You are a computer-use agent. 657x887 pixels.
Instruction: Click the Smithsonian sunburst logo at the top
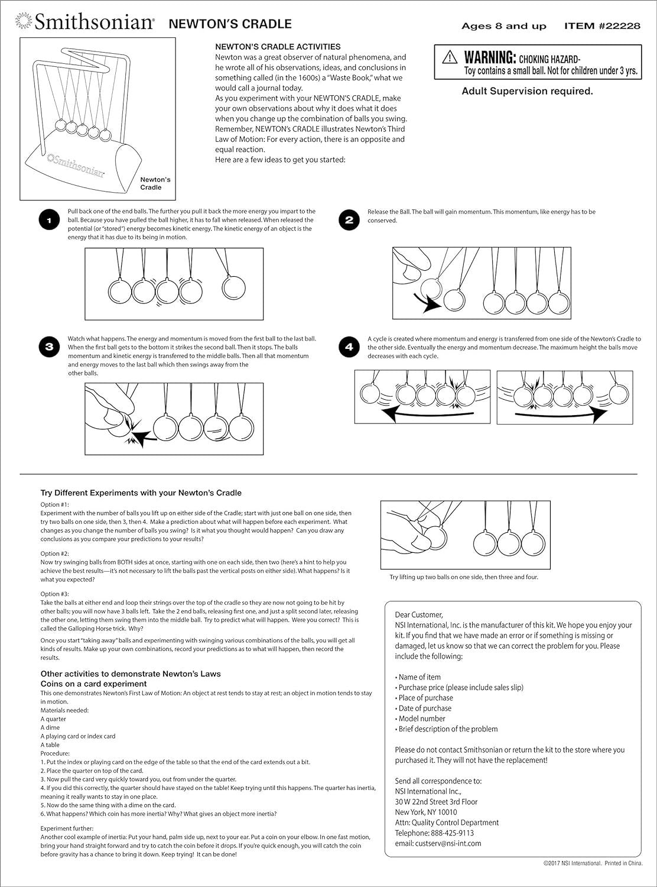click(23, 22)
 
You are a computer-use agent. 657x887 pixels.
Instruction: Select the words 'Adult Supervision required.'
click(527, 91)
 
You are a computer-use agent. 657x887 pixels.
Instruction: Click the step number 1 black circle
click(49, 221)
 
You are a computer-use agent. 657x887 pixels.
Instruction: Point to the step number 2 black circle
click(349, 221)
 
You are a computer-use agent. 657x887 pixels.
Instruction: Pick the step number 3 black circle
click(49, 347)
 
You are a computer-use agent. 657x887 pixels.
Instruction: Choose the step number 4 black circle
click(349, 347)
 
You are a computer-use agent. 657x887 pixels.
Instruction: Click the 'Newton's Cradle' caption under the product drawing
click(155, 183)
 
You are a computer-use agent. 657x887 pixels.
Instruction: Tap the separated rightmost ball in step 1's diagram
click(233, 287)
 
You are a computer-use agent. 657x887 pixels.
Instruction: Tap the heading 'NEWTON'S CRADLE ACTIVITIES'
click(278, 47)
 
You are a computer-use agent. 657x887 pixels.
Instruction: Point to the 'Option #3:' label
click(55, 594)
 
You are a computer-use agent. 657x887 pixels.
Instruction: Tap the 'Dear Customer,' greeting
click(419, 614)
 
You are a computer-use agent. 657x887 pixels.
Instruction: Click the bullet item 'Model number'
click(422, 718)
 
